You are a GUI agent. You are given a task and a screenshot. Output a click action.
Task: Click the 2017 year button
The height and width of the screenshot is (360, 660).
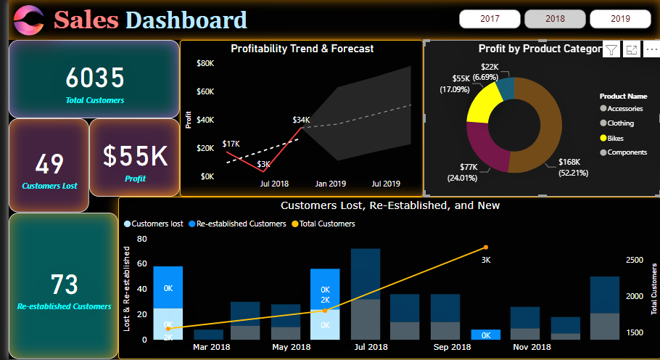(x=490, y=19)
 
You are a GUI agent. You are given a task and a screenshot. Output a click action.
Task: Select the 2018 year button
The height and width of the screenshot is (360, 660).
(x=555, y=19)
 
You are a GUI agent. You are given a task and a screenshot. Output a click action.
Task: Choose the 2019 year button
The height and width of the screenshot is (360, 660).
(x=620, y=19)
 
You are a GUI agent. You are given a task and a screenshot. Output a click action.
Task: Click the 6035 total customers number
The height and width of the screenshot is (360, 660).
(x=95, y=78)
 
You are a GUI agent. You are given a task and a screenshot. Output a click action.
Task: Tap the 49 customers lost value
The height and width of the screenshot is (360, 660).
(x=49, y=164)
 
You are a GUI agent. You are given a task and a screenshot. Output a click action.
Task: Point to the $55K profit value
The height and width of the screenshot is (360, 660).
(x=135, y=155)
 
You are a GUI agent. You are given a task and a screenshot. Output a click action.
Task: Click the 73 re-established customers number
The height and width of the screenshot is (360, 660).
(x=64, y=284)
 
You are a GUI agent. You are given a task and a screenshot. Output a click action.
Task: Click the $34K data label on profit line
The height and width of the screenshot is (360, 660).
(x=301, y=120)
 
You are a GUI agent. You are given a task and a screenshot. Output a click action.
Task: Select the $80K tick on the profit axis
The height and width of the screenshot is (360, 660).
(x=205, y=64)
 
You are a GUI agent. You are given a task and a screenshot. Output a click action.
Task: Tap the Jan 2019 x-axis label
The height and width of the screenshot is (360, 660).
(x=331, y=184)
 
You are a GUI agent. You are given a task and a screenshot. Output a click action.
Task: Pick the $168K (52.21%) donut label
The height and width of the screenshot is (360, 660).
(x=572, y=168)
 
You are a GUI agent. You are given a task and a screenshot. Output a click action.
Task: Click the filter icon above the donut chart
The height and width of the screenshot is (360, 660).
(x=611, y=50)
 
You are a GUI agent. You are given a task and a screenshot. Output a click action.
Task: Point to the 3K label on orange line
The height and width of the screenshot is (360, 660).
(x=486, y=259)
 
